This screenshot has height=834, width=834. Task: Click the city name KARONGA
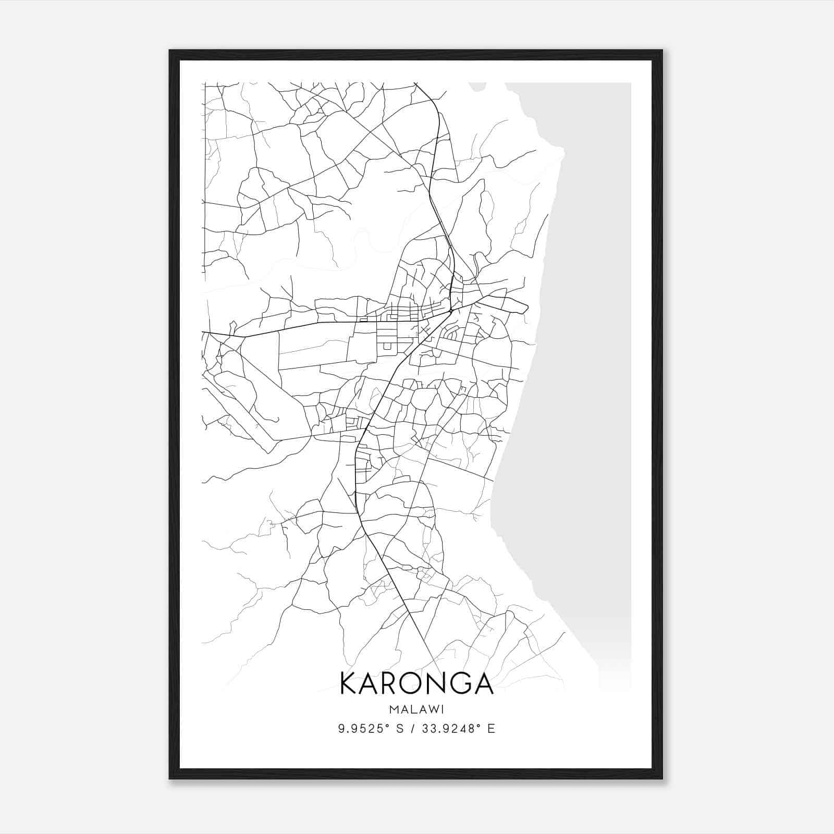point(416,684)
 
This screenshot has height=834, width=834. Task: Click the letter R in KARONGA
point(384,684)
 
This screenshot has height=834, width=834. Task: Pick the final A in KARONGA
point(483,684)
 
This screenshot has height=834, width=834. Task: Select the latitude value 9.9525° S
point(372,729)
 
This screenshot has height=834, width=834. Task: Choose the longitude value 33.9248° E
point(459,729)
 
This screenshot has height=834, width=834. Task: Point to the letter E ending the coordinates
point(491,729)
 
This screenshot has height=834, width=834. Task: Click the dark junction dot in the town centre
point(450,311)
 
